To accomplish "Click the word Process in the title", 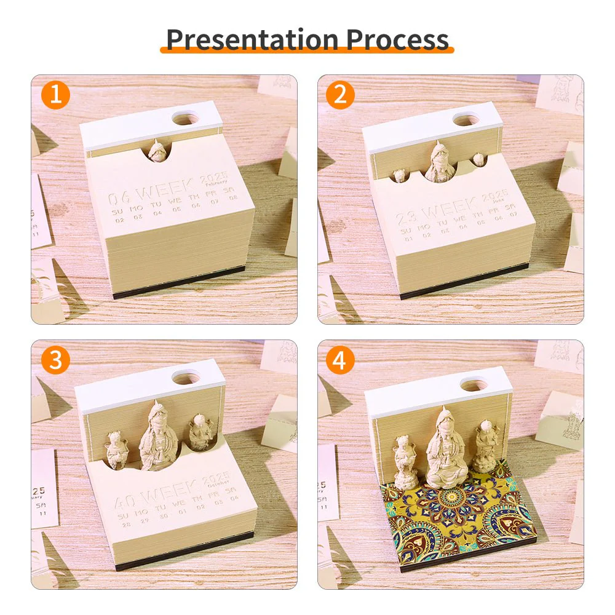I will pos(397,39).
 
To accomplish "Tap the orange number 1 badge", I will pos(56,96).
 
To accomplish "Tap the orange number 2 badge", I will pos(341,96).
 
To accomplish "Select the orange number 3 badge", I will pos(56,360).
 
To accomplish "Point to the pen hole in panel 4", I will pos(473,384).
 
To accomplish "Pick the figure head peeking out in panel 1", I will pos(157,151).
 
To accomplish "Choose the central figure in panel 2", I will pos(440,163).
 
